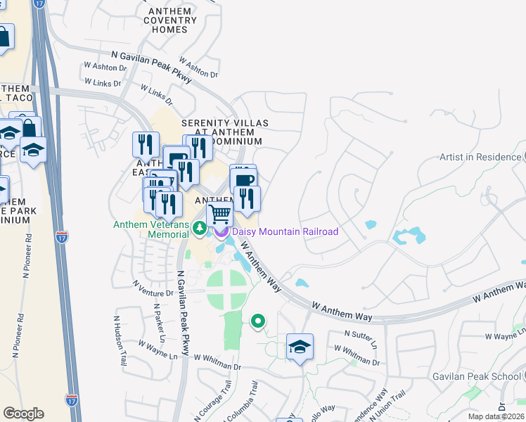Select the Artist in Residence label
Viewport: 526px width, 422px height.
[480, 157]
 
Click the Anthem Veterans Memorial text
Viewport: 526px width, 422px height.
[151, 229]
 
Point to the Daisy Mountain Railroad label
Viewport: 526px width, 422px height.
[285, 231]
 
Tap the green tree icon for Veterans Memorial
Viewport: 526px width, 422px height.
[200, 227]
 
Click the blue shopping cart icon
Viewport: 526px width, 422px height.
[220, 213]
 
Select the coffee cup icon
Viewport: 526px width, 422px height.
[243, 180]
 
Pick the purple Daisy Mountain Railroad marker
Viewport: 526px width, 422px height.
[222, 231]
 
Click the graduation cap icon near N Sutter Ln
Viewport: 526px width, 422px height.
[300, 347]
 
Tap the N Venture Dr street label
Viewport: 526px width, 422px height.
[153, 288]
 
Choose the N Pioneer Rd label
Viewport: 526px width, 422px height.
[19, 261]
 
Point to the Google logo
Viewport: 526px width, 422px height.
[23, 414]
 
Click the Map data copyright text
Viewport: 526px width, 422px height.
[494, 417]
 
